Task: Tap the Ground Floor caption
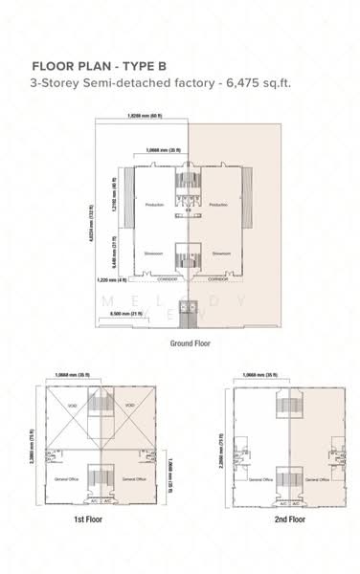tap(190, 342)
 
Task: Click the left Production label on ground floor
tap(154, 206)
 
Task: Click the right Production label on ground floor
tap(217, 206)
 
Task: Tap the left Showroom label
tap(155, 254)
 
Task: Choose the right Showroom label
tap(217, 254)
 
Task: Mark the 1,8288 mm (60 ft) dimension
tap(144, 115)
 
